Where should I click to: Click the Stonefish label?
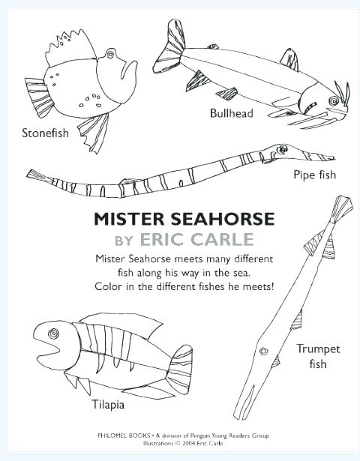click(x=45, y=133)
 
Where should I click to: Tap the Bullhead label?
click(x=232, y=113)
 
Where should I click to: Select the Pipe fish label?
click(x=315, y=175)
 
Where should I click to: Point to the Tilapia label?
click(x=108, y=405)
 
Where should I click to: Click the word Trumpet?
click(x=318, y=349)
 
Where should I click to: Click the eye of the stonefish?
click(x=110, y=54)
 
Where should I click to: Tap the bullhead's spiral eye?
click(x=334, y=101)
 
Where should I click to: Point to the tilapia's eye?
click(x=53, y=334)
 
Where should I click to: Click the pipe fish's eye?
click(x=283, y=149)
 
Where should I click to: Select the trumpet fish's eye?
click(x=263, y=351)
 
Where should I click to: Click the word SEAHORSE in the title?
click(x=223, y=219)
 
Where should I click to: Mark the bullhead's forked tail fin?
click(x=169, y=48)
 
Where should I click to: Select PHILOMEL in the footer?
click(x=111, y=436)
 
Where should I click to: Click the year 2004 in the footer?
click(x=190, y=443)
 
